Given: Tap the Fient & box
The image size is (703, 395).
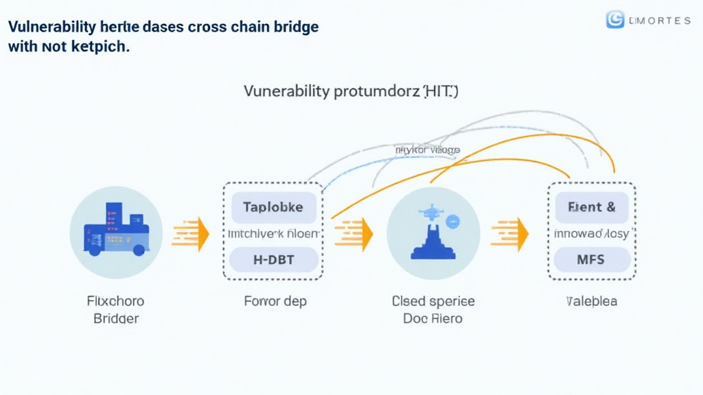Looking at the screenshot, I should coord(591,206).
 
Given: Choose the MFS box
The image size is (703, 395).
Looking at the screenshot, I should coord(591,260).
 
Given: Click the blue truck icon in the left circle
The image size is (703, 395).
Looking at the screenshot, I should coord(115,232).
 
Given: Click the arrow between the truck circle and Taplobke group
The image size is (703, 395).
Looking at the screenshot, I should coord(191,232).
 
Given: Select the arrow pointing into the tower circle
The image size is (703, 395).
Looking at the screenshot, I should coord(354,234).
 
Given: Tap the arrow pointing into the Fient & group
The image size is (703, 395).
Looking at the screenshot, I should coord(510,234).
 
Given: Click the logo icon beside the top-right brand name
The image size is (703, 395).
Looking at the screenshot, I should coord(614,20).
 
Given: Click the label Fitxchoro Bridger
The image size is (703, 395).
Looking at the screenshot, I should coord(115,310).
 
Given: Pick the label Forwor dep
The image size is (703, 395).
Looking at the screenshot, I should coord(275,301).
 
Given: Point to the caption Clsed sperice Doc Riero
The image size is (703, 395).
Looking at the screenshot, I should coord(433,310).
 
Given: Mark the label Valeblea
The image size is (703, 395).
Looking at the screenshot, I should coord(591,301).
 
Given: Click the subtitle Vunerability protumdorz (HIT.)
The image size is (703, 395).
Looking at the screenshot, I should coord(350,91).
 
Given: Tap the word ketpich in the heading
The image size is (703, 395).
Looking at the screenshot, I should coord(97,48).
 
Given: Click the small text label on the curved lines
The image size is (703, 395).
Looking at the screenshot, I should coord(428,149).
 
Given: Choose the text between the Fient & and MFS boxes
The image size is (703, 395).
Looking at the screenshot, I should coord(591,234).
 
